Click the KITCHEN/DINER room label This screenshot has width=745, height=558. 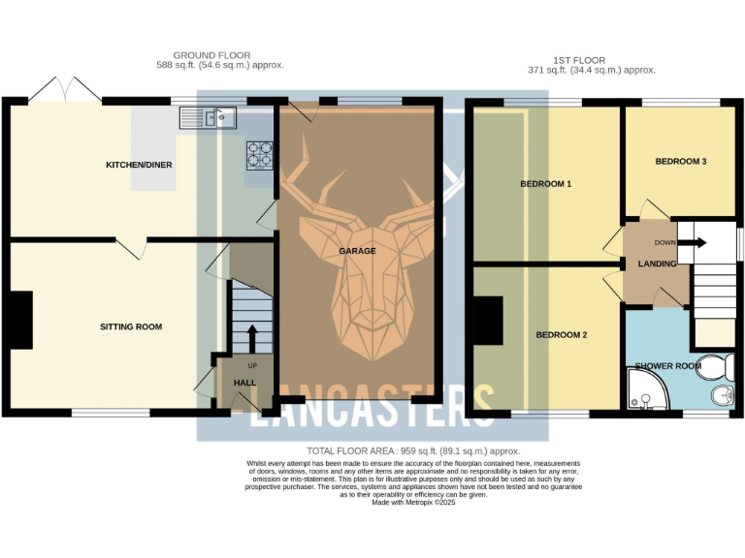pos(139,165)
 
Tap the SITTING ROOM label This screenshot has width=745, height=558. pos(131,326)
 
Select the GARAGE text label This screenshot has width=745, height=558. pos(357,250)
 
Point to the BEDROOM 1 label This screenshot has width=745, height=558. pos(545,183)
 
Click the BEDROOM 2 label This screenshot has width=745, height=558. pos(562,335)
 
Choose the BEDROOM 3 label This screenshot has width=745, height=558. pos(680,161)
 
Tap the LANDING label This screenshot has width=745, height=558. pos(657,263)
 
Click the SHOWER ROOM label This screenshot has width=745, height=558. pos(667,365)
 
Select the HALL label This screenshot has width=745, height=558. pos(245,383)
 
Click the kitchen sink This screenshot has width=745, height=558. pos(209,118)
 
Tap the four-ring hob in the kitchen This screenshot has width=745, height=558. pos(259,155)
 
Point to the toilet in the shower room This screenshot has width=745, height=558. pos(715,367)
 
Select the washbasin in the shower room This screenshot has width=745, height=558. pos(720,396)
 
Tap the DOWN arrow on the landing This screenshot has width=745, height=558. pos(696,243)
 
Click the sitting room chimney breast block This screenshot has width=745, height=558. pos(21,320)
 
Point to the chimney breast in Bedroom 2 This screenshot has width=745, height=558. pos(489,322)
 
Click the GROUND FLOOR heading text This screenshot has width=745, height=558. pos(211,55)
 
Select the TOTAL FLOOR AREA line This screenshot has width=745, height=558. pos(413,451)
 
